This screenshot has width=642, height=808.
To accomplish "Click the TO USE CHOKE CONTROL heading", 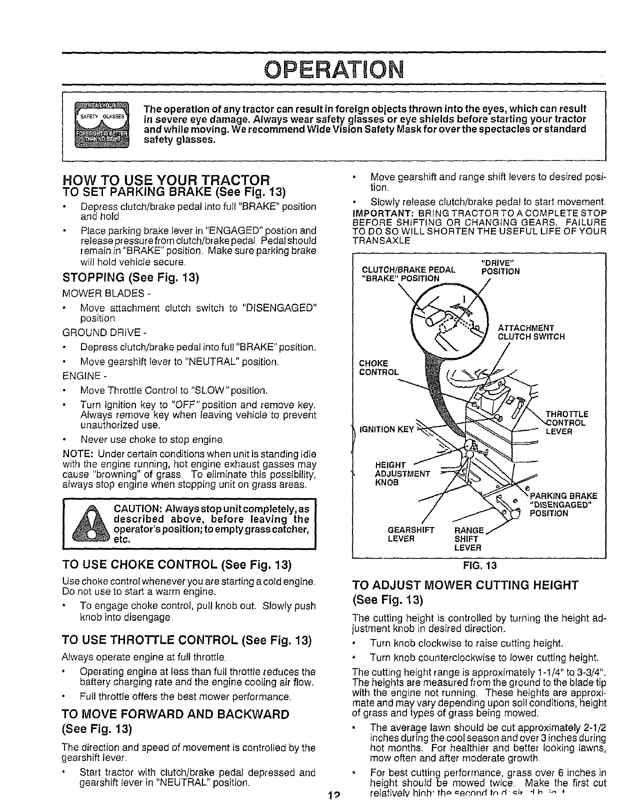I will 176,565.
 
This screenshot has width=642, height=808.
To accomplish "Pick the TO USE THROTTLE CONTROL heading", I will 186,640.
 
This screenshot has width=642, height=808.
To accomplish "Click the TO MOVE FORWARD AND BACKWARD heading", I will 175,713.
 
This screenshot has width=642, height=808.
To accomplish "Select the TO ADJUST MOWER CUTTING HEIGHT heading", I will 465,585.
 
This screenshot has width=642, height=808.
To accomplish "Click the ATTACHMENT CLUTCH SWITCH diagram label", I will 531,332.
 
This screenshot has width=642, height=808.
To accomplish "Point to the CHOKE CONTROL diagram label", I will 379,367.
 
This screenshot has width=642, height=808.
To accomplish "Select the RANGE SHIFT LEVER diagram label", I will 468,539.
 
